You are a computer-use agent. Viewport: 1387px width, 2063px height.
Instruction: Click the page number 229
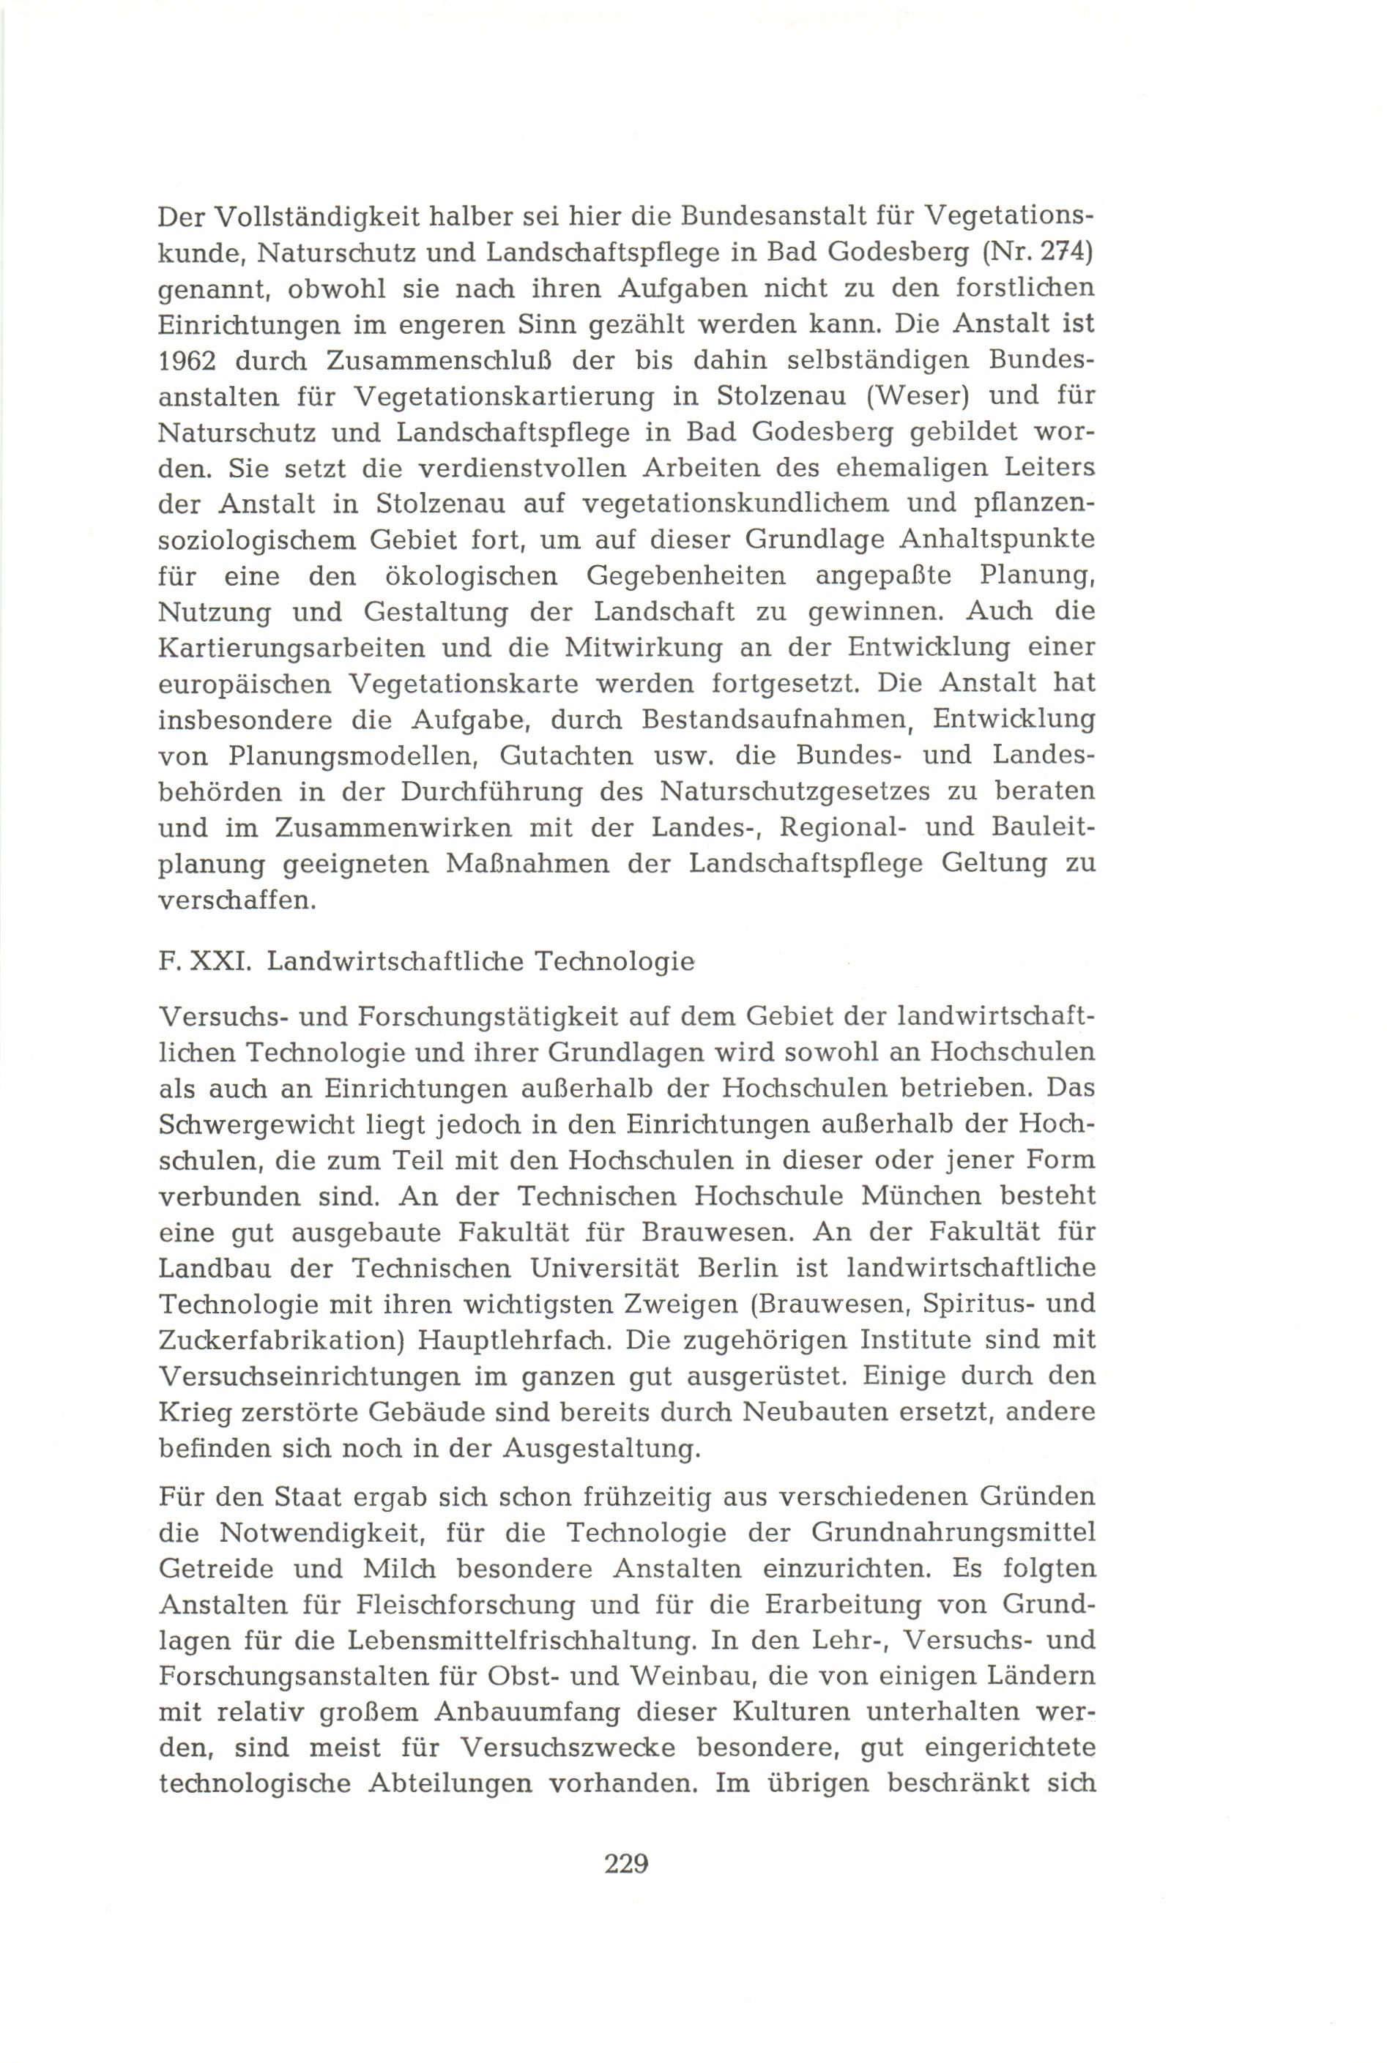coord(626,1862)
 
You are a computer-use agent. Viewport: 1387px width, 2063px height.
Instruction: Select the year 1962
coord(196,361)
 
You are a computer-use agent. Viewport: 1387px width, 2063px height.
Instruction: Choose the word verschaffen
coord(237,900)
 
